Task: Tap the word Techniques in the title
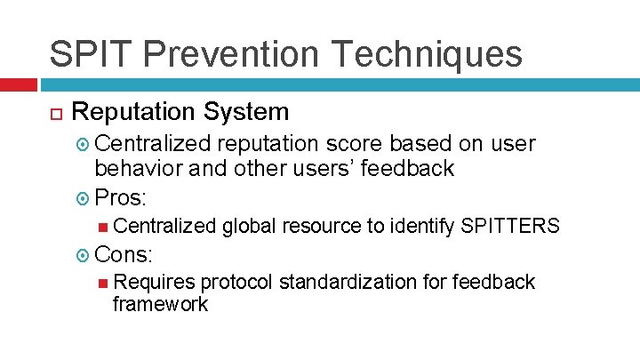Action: pos(429,54)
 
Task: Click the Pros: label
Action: pos(124,196)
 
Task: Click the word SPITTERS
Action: pos(510,227)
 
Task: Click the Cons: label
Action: pos(124,254)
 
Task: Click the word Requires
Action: pos(155,283)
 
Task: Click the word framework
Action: pos(161,305)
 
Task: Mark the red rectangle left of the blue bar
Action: pos(19,85)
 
